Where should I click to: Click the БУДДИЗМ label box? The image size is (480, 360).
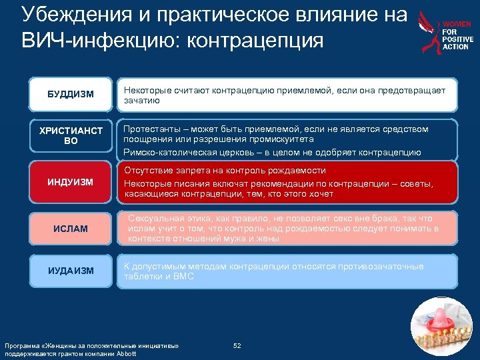point(70,95)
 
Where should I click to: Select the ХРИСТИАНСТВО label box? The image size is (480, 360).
point(70,136)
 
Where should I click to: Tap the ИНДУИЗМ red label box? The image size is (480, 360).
point(70,182)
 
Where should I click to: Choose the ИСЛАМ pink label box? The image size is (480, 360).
point(70,229)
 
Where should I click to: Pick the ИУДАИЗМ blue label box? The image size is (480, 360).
point(70,271)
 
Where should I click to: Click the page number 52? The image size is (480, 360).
point(237,345)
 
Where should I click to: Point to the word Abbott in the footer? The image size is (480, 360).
point(125,353)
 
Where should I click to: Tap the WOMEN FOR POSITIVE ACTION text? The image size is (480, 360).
point(457,35)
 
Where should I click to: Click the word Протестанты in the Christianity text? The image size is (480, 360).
point(150,129)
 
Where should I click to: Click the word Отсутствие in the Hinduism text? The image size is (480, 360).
point(146,171)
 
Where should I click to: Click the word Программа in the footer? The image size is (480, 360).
point(20,346)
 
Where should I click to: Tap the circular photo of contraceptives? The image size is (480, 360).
point(440,327)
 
